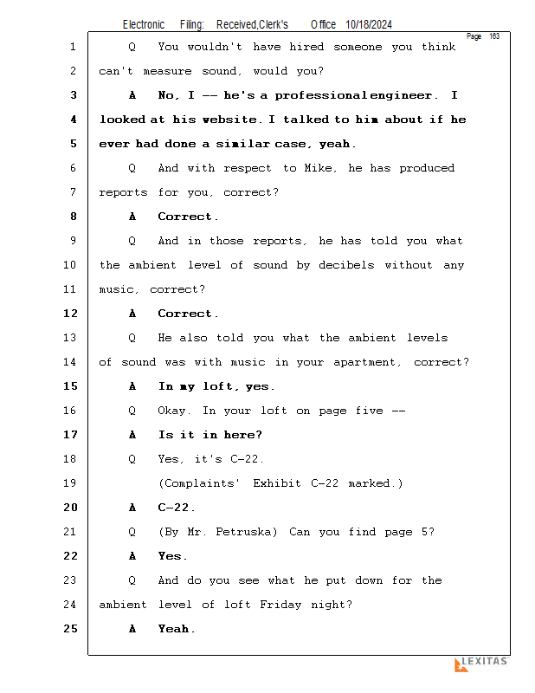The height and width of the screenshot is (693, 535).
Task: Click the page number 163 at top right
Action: (x=494, y=36)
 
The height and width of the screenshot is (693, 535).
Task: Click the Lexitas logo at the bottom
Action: (x=481, y=664)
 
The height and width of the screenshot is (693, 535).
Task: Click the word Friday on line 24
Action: (x=282, y=605)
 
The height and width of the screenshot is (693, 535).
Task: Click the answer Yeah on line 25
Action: (x=176, y=629)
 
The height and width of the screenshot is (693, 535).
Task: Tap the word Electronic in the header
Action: (x=144, y=25)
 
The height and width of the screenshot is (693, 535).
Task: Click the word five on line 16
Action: (x=369, y=411)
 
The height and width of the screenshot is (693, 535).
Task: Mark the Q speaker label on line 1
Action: (x=132, y=47)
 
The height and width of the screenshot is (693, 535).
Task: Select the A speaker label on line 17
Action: (x=132, y=435)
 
